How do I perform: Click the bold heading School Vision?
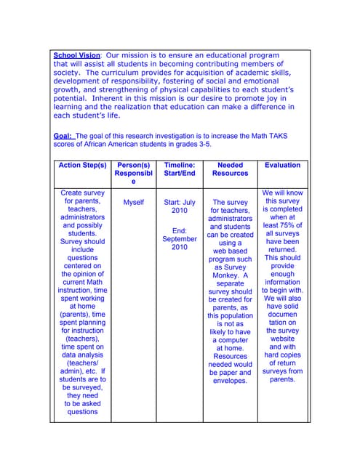point(77,55)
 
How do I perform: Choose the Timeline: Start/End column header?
point(180,169)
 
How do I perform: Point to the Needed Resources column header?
point(230,169)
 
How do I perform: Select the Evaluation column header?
point(282,166)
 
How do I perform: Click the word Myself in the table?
point(134,203)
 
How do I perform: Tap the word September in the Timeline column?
point(180,238)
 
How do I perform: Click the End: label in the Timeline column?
point(179,230)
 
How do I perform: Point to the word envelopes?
point(230,380)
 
